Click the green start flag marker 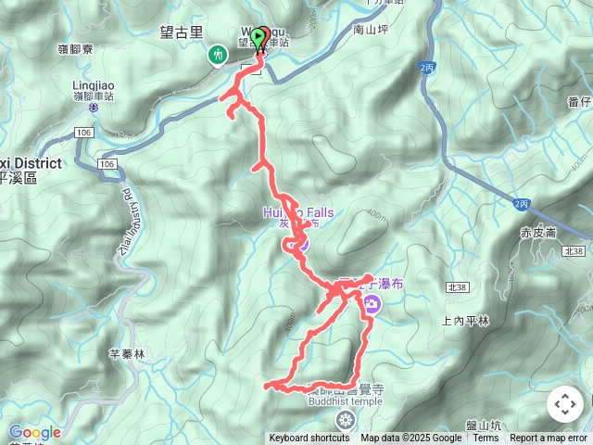(259, 37)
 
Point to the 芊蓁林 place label (127, 353)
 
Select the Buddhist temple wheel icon (345, 420)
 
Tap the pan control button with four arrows (565, 404)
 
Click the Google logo (35, 432)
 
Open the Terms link (486, 439)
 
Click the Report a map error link (549, 439)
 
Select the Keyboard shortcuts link (309, 439)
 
